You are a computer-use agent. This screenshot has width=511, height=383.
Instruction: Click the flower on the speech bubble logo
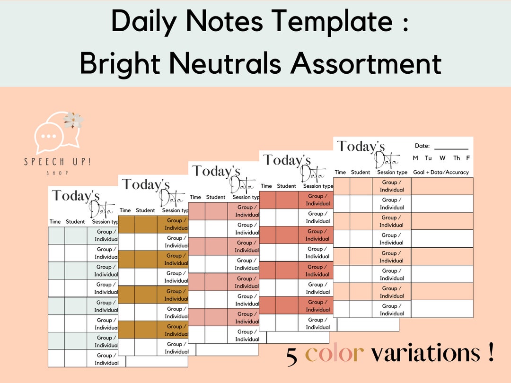[74, 120]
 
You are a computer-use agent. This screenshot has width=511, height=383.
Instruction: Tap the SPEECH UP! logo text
[58, 162]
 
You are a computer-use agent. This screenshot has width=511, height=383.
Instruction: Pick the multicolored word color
[334, 353]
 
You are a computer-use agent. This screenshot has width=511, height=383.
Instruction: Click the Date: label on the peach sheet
[422, 146]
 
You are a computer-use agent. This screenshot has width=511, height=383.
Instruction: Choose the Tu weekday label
[428, 158]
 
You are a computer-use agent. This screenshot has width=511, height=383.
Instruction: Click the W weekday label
[442, 158]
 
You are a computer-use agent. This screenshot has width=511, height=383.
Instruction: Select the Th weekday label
[457, 158]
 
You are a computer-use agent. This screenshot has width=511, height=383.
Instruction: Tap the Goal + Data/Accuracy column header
[441, 173]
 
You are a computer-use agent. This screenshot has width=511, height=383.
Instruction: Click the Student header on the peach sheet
[361, 173]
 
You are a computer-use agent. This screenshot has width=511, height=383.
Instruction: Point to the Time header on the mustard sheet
[125, 210]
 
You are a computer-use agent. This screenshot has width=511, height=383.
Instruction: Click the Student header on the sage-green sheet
[75, 222]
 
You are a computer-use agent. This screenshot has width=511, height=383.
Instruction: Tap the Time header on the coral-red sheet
[266, 186]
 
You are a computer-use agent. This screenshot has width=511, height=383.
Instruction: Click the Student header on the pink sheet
[216, 197]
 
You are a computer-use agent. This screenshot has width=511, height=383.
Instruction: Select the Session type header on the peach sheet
[392, 173]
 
